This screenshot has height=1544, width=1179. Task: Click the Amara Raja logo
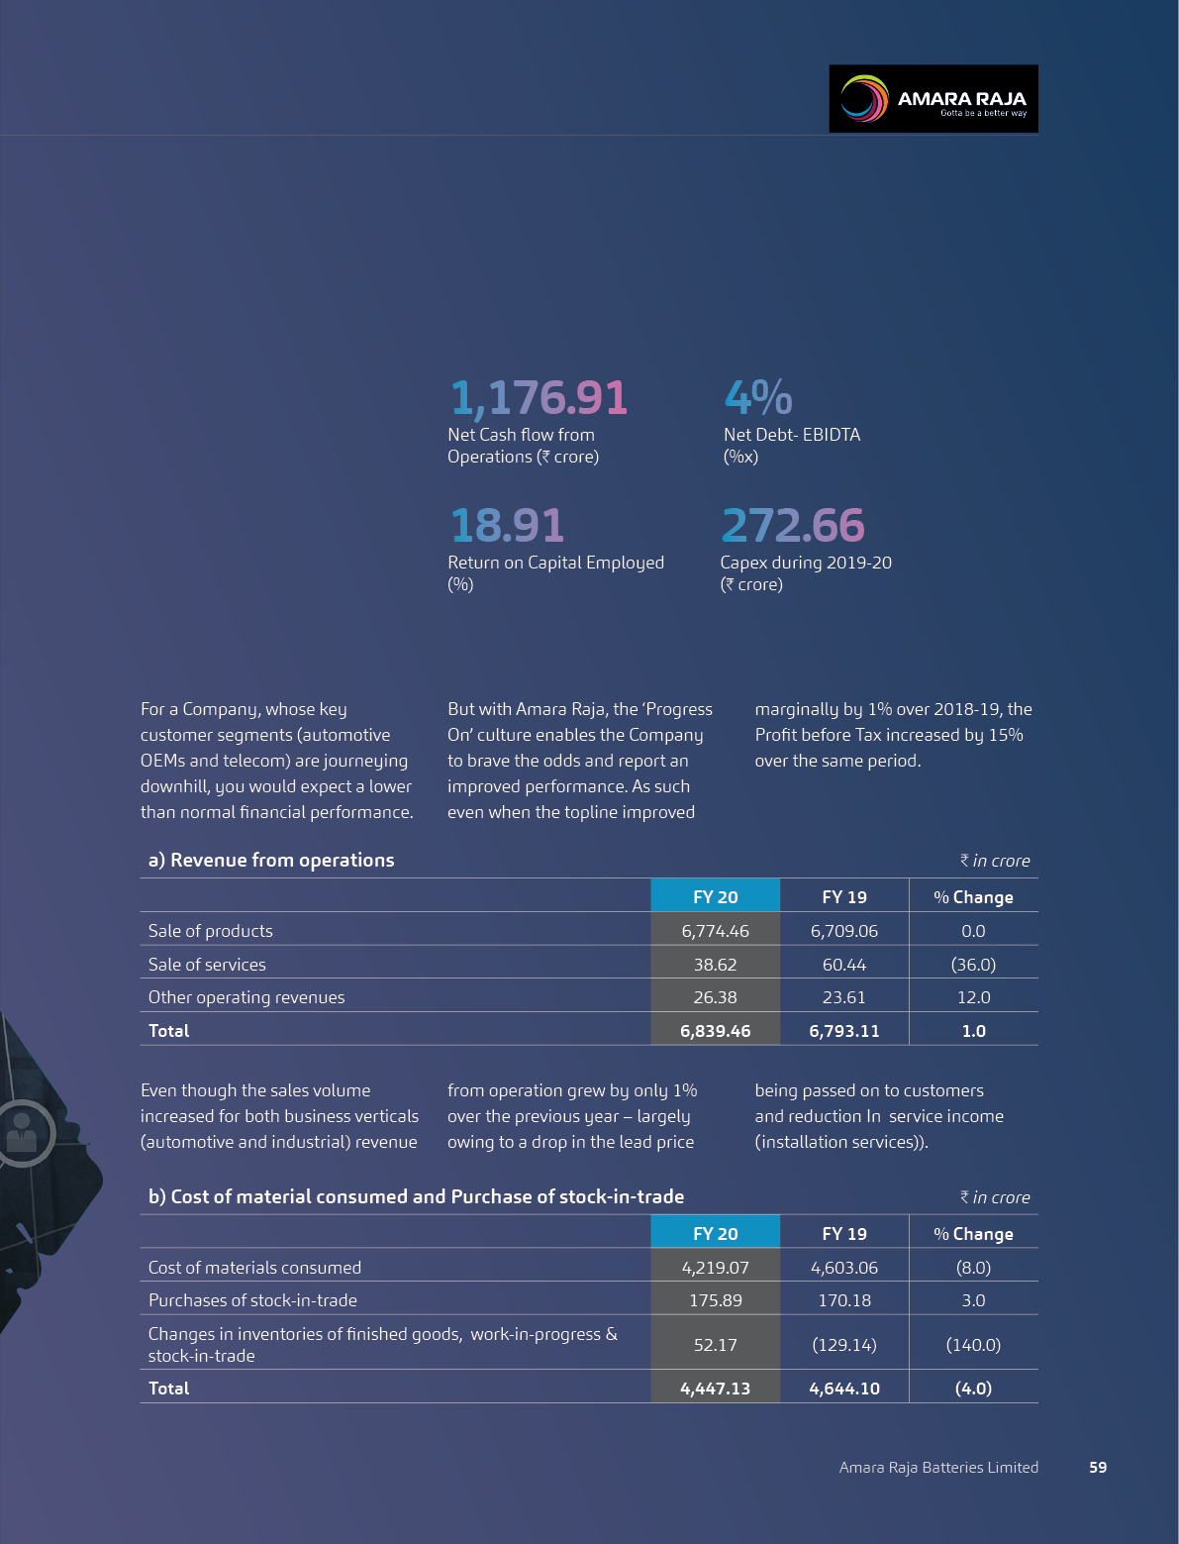click(x=933, y=99)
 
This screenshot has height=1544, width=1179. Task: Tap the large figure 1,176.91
click(x=539, y=398)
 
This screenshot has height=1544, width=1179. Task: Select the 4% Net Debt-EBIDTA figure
click(x=757, y=398)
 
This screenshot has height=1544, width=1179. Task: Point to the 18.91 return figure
click(x=507, y=526)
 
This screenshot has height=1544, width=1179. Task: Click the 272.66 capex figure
click(x=792, y=526)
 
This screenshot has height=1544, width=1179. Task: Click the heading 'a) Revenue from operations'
click(x=271, y=861)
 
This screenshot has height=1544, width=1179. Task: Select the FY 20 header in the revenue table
click(x=715, y=897)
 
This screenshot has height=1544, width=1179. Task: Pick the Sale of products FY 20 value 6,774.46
click(x=715, y=931)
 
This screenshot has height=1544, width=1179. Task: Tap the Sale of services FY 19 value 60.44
click(x=843, y=965)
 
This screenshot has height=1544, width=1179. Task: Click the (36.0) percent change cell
click(x=973, y=965)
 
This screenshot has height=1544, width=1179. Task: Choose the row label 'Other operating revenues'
click(x=246, y=997)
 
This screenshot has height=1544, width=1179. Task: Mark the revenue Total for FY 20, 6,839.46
click(x=715, y=1031)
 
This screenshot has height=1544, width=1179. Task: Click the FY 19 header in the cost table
click(x=843, y=1234)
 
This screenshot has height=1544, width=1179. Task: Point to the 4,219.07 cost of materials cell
click(x=715, y=1268)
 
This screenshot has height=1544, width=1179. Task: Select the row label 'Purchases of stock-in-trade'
click(x=252, y=1300)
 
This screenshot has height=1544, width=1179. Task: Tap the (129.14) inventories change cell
click(x=843, y=1345)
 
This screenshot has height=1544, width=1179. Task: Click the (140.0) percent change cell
click(x=973, y=1345)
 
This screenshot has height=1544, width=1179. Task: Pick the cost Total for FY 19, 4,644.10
click(x=843, y=1389)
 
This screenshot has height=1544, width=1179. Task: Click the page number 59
click(x=1098, y=1468)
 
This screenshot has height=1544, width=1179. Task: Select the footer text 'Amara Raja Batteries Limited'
click(x=938, y=1468)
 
